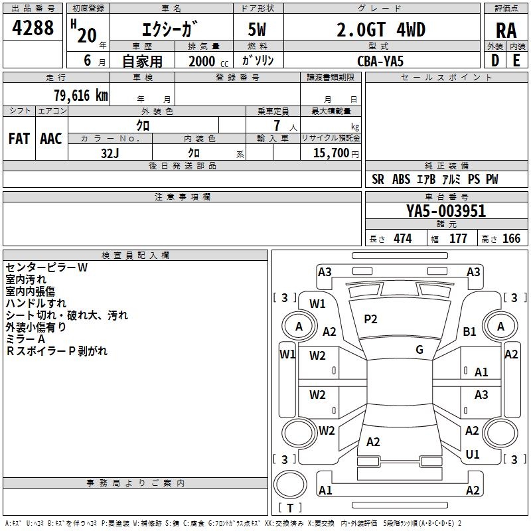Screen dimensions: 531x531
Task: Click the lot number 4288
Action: click(x=33, y=29)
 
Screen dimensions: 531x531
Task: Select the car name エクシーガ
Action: click(x=169, y=30)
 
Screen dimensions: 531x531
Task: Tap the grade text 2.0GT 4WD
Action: click(x=382, y=30)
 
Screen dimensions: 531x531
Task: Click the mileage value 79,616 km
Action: click(x=80, y=95)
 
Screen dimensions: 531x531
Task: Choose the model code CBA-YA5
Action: click(x=380, y=60)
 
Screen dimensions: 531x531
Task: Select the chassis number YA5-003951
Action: click(x=446, y=211)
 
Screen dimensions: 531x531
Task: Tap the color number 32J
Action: click(x=110, y=153)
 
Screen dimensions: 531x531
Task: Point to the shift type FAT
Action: click(x=19, y=139)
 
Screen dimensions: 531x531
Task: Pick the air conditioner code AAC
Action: click(x=51, y=139)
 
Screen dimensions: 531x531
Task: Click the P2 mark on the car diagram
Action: click(x=370, y=319)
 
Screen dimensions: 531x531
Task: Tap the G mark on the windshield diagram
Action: click(x=419, y=350)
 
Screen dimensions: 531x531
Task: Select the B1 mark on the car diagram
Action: click(x=470, y=331)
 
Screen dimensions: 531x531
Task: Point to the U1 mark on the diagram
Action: click(x=473, y=455)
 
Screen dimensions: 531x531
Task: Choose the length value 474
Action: click(x=402, y=239)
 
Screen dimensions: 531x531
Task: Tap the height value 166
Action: click(x=511, y=239)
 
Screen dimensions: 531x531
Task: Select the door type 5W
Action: click(x=258, y=30)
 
